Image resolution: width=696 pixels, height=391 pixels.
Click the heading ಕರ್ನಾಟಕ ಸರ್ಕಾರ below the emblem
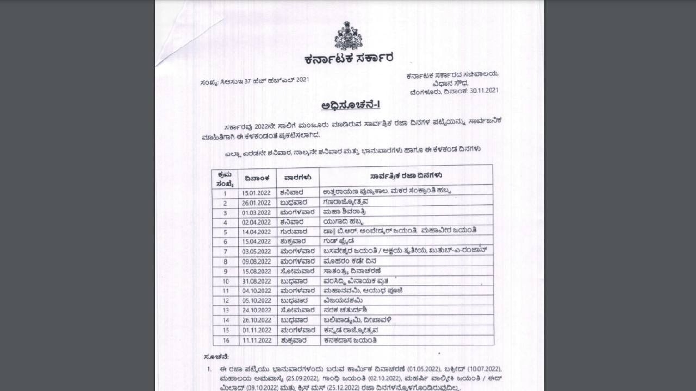point(349,58)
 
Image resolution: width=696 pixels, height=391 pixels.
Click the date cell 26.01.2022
point(257,203)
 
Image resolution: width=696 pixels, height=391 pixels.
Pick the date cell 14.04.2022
point(257,231)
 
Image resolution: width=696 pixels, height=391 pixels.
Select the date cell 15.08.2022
point(257,271)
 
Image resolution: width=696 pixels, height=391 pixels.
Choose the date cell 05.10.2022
point(257,300)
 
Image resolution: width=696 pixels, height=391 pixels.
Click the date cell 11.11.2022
point(257,340)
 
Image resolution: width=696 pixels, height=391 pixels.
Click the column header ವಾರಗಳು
point(297,177)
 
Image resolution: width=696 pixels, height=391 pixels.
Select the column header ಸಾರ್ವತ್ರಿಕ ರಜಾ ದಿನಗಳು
point(406,176)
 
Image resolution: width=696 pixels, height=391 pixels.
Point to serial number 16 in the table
point(226,340)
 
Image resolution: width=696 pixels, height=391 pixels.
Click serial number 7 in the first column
point(225,251)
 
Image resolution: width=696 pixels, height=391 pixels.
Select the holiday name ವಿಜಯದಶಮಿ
point(343,300)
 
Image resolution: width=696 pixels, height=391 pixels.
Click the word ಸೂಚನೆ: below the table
point(216,357)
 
